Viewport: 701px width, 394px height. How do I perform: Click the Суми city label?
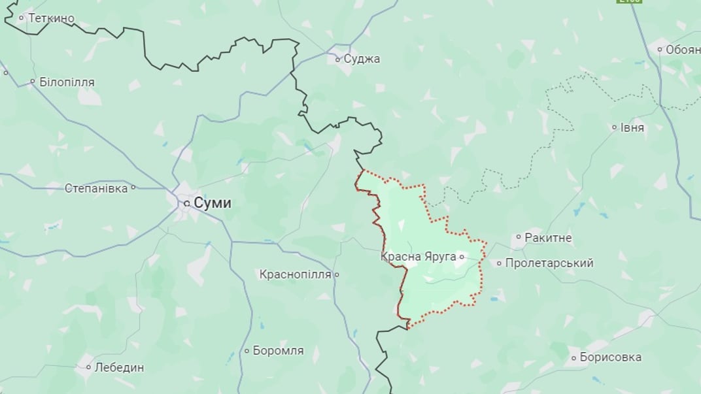(213, 203)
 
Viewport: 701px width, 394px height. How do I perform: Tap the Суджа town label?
(362, 59)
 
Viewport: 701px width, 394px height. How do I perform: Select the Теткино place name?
(51, 18)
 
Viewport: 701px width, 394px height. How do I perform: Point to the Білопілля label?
(67, 82)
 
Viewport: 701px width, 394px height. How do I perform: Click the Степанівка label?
(96, 188)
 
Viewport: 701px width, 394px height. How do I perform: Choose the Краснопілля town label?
(295, 274)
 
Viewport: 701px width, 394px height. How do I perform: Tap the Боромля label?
(278, 351)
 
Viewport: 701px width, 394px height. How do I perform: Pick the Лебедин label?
(119, 368)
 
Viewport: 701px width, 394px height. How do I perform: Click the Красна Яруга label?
(418, 257)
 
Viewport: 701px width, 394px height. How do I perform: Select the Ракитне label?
(548, 238)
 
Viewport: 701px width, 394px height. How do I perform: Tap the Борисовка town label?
(610, 357)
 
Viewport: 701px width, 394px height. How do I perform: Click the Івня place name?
(632, 128)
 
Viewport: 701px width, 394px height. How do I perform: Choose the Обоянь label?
(683, 49)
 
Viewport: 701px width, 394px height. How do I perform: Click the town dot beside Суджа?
(337, 59)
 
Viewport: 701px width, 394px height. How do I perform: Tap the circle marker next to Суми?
(187, 204)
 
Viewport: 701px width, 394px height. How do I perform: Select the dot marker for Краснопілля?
(337, 275)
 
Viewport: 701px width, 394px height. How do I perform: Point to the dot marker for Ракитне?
(519, 238)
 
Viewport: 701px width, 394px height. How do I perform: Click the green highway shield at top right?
(628, 1)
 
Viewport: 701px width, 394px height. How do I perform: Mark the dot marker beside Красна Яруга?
(462, 257)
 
